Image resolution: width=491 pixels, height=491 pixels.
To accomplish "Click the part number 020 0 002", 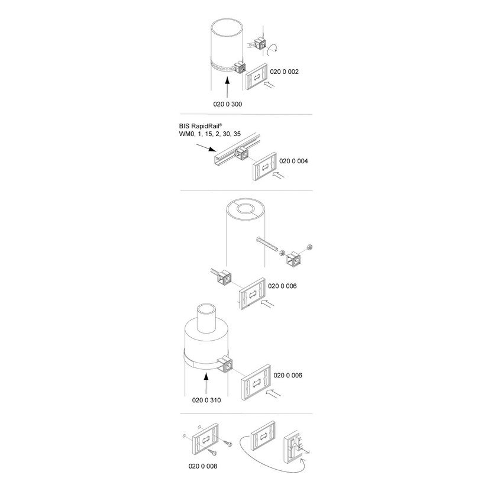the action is click(284, 72).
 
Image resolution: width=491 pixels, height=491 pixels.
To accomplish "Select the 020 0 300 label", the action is click(228, 104).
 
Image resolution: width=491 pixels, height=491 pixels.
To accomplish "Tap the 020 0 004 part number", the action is click(293, 161).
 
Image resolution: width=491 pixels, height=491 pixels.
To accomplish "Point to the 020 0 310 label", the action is click(206, 400).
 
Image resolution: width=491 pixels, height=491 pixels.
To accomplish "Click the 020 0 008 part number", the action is click(202, 466).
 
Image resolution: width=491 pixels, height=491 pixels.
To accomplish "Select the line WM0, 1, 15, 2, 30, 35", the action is click(210, 134).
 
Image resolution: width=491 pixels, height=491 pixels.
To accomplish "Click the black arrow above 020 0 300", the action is click(227, 88).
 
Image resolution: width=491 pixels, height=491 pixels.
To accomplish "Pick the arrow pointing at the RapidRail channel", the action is click(206, 147).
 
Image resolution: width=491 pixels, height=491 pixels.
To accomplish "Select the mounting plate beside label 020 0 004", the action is click(265, 167).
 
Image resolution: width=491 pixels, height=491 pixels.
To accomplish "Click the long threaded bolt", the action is click(269, 244).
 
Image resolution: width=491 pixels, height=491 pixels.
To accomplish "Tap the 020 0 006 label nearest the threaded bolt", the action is click(282, 286).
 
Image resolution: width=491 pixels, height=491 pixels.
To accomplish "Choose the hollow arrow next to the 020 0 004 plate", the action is click(279, 175).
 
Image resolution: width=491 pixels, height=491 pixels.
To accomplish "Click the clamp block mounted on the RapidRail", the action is click(242, 153).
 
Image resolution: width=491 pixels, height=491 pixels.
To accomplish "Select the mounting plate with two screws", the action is click(206, 439).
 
